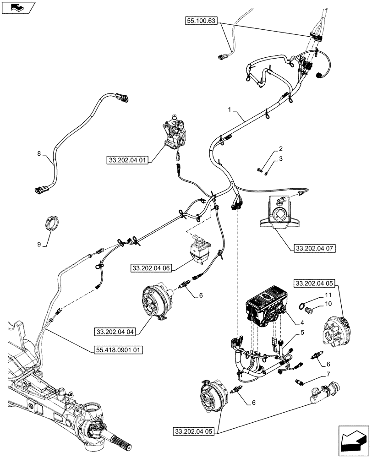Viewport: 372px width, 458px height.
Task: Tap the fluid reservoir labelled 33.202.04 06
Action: coord(199,249)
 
